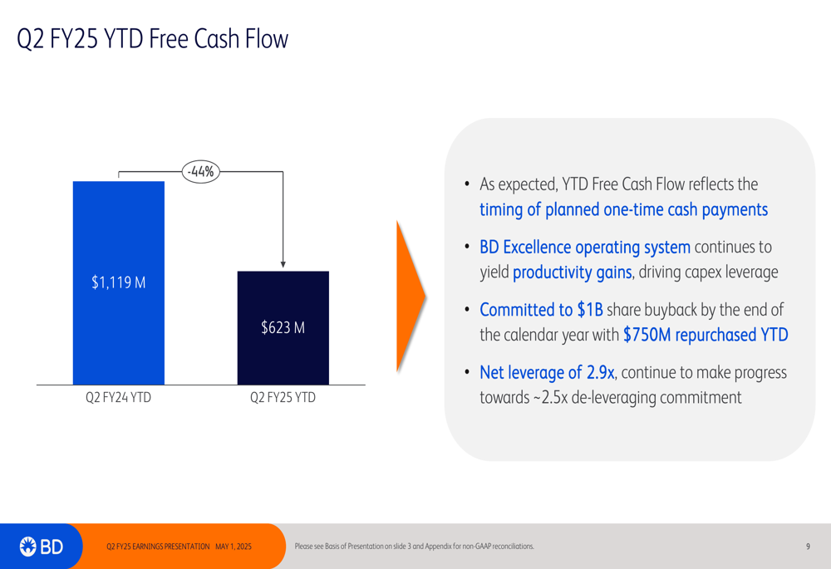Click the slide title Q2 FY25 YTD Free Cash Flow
pos(152,39)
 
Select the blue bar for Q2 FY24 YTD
pos(119,283)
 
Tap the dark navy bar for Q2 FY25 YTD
pos(283,328)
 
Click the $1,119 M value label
pos(119,282)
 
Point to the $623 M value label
pos(283,327)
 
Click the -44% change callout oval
pos(201,172)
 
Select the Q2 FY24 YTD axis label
pos(119,397)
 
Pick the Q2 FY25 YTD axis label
pos(283,397)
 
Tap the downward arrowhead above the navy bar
pos(283,264)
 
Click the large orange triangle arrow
pos(411,297)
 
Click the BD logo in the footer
pos(42,547)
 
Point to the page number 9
pos(809,547)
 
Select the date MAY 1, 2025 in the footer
pos(234,547)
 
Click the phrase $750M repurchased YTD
pos(706,335)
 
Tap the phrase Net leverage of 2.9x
pos(547,372)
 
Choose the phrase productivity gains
pos(573,272)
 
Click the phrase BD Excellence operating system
pos(585,247)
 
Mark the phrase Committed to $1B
pos(541,309)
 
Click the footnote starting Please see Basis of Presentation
pos(415,547)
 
